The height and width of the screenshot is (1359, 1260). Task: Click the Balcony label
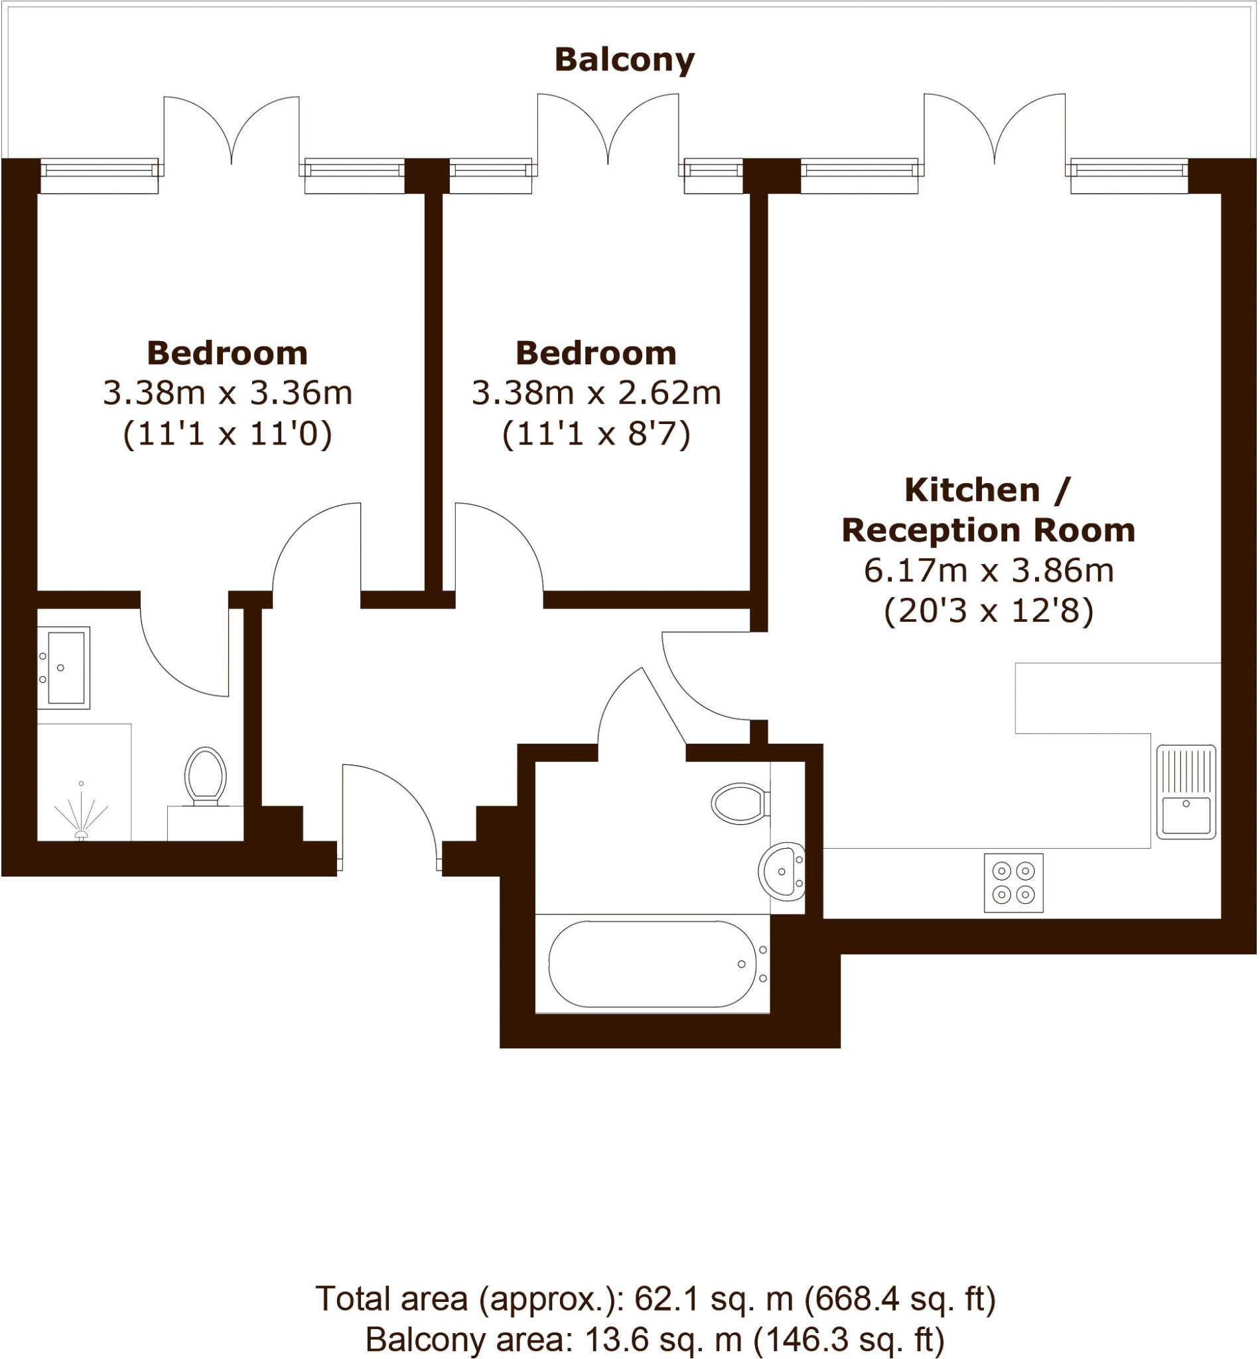624,60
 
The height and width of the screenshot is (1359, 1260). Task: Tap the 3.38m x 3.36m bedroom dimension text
228,393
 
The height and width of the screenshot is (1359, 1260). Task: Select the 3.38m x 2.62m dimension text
596,393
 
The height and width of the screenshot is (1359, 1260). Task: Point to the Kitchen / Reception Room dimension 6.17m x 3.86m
989,570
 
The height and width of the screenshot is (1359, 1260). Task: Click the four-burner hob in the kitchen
1013,883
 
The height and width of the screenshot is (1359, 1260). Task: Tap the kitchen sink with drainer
1186,792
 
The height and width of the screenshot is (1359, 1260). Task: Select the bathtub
652,964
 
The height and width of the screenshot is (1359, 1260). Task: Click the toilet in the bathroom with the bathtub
738,802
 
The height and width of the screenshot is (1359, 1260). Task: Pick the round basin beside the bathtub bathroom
782,871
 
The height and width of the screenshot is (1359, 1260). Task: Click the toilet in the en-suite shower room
205,776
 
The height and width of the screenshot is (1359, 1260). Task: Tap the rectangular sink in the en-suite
64,668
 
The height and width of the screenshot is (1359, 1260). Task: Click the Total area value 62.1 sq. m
714,1299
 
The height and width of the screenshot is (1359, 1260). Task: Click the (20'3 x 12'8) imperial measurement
989,611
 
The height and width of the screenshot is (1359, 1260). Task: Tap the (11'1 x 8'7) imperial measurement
596,434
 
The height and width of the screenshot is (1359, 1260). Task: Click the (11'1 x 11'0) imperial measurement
228,434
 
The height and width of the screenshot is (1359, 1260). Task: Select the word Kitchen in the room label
971,490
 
